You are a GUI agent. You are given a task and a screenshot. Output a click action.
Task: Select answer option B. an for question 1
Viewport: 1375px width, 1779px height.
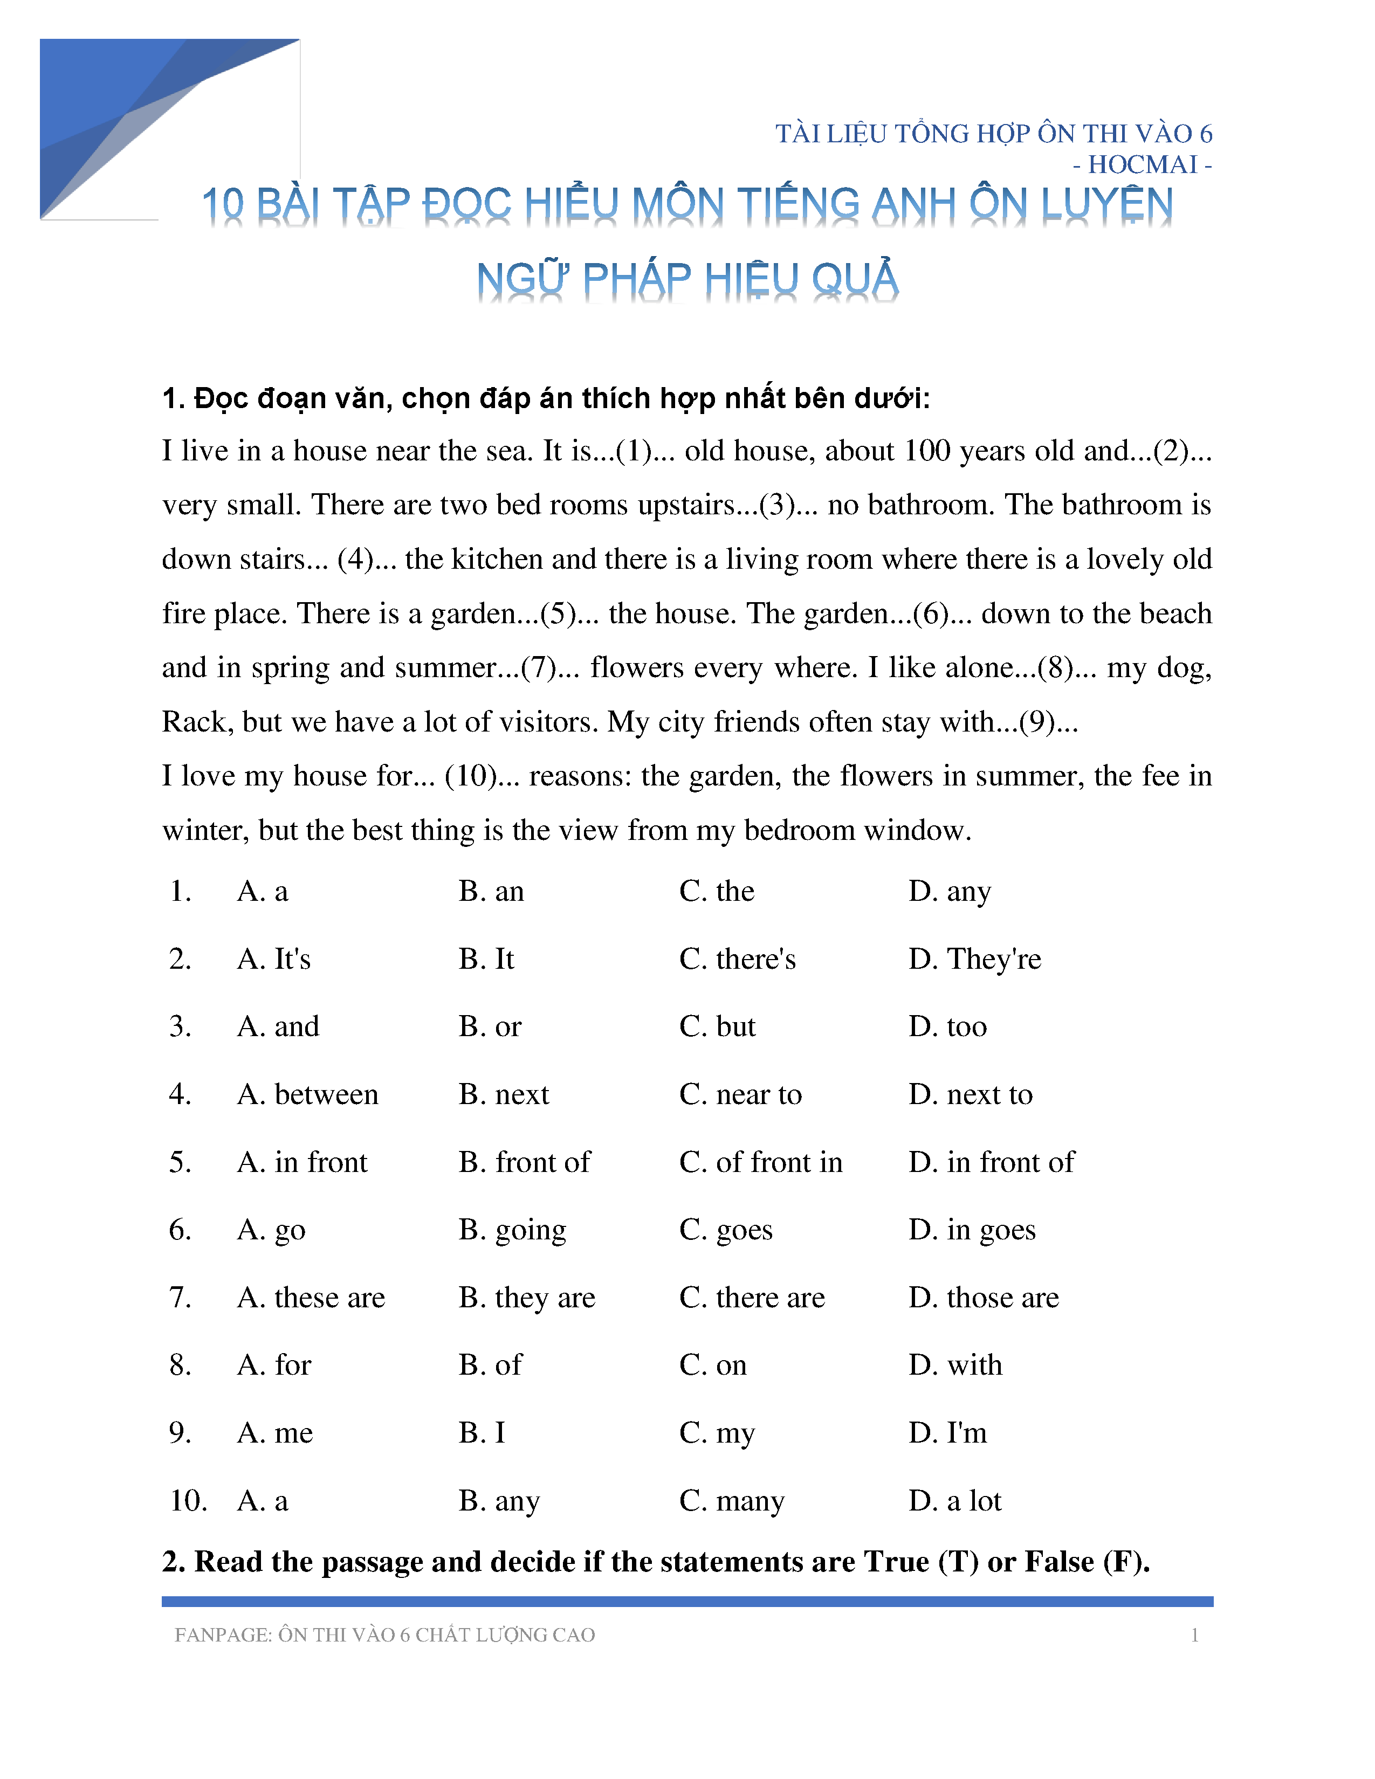tap(491, 891)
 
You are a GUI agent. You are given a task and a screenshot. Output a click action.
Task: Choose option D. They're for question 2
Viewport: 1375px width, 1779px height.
tap(974, 959)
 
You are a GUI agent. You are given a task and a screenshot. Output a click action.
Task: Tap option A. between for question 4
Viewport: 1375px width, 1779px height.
tap(308, 1094)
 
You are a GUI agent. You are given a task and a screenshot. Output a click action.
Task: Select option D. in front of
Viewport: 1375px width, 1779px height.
tap(991, 1162)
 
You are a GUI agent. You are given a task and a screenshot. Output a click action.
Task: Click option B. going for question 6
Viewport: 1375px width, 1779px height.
tap(512, 1229)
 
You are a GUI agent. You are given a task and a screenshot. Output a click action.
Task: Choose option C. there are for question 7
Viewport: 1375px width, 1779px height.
tap(752, 1297)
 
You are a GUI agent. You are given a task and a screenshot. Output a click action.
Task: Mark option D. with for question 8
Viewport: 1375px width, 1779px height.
tap(955, 1364)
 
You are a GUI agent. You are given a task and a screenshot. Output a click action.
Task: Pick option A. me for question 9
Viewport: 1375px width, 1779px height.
tap(276, 1432)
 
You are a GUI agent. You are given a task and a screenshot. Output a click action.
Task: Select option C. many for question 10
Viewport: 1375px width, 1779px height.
tap(732, 1500)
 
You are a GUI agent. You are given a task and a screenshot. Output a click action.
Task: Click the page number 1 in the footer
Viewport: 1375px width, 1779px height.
tap(1194, 1635)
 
